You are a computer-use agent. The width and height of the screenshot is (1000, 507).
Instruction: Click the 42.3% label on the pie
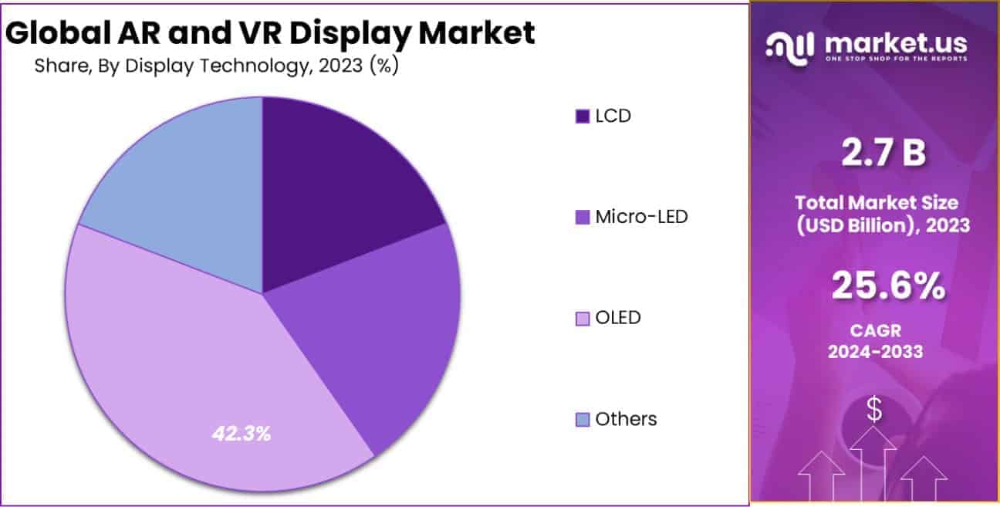coord(242,434)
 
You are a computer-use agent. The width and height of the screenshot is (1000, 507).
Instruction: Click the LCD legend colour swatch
coord(582,117)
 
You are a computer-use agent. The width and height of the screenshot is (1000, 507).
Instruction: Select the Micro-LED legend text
coord(641,216)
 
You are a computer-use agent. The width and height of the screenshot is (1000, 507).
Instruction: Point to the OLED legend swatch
coord(582,317)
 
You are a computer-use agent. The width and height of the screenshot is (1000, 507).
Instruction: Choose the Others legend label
coord(626,418)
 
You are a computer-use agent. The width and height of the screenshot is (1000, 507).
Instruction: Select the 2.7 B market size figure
coord(883,154)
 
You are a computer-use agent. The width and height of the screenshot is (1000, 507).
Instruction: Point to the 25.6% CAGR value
coord(887,286)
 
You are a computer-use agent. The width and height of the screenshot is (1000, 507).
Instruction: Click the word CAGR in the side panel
coord(875,331)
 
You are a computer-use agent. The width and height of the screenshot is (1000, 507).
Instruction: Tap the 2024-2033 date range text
coord(875,352)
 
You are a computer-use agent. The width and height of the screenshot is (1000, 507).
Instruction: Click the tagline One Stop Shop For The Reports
coord(895,59)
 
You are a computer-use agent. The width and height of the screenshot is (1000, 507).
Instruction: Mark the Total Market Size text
coord(877,203)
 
